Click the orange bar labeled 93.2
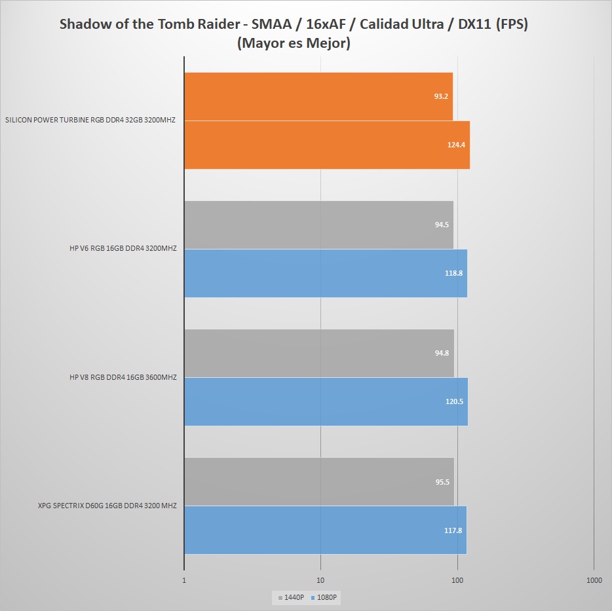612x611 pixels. click(x=318, y=96)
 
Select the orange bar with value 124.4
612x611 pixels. click(x=327, y=145)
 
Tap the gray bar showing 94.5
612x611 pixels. click(x=318, y=225)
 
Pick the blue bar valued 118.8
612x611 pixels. click(x=326, y=273)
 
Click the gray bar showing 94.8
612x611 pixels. click(x=319, y=353)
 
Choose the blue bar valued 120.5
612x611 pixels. click(x=326, y=401)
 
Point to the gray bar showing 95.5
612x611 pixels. click(x=319, y=481)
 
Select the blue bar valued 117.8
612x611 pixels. click(x=326, y=530)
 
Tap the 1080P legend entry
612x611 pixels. click(x=327, y=597)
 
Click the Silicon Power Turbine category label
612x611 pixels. click(x=90, y=120)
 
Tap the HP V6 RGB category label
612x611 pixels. click(x=123, y=249)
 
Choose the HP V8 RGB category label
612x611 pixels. click(x=123, y=377)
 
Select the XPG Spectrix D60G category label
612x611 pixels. click(x=107, y=506)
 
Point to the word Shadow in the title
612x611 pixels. click(x=83, y=25)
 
